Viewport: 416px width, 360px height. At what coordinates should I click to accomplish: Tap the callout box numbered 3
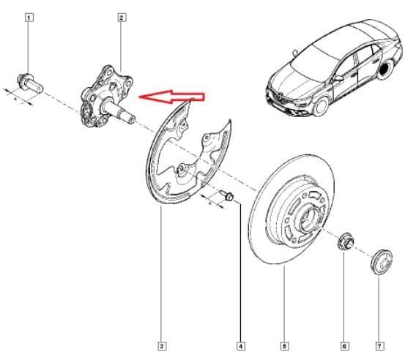pos(161,345)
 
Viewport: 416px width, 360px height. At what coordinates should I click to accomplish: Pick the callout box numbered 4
pos(240,345)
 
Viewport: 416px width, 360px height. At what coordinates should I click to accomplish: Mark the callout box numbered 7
pos(379,345)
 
